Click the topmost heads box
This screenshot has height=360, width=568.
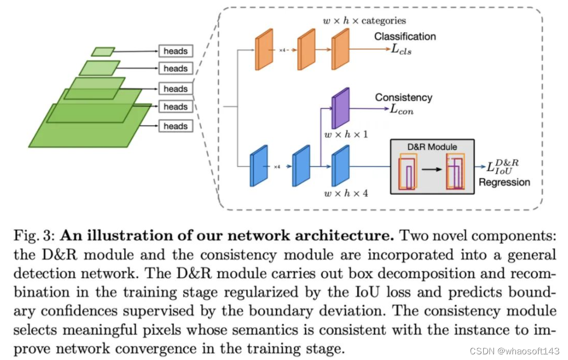(175, 51)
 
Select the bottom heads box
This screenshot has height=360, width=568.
(175, 126)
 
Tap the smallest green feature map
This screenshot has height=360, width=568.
(103, 52)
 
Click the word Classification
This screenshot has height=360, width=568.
(405, 37)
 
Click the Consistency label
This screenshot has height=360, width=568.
(403, 98)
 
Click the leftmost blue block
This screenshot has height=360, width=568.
(258, 165)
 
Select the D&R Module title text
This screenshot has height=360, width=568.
(432, 147)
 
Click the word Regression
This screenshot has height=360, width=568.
(504, 182)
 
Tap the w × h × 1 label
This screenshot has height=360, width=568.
(345, 135)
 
